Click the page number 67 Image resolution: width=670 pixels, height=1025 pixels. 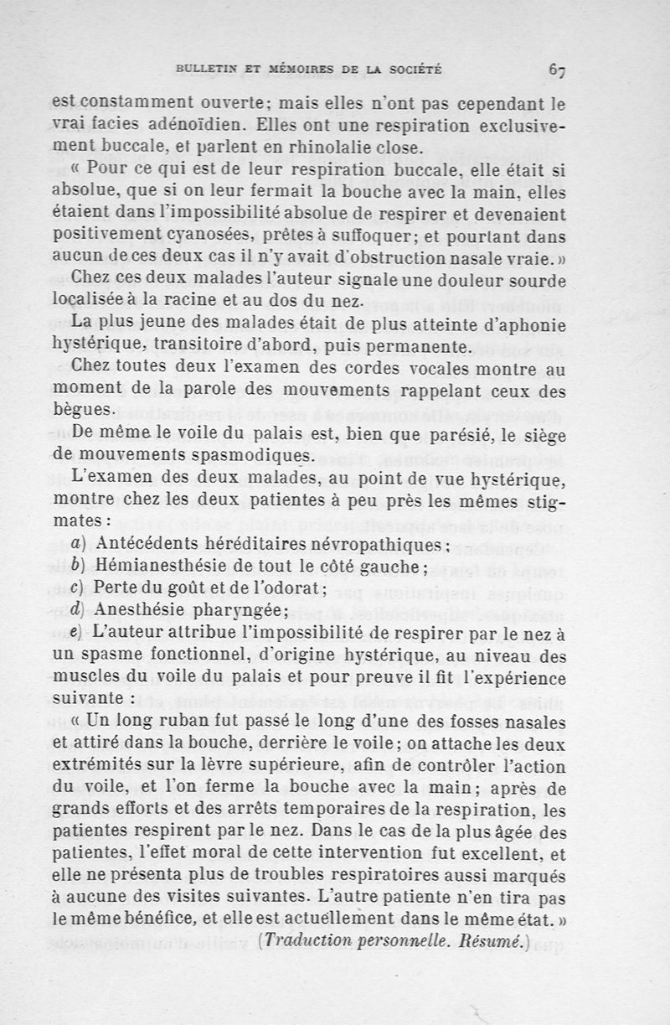pyautogui.click(x=558, y=71)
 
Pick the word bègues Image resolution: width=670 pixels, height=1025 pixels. pyautogui.click(x=81, y=411)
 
